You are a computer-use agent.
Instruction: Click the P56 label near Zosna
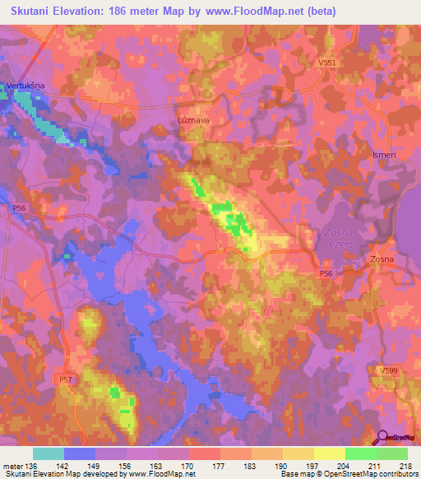[327, 272]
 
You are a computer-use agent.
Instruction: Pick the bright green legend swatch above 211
[360, 453]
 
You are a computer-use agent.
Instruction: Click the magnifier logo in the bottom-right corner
[383, 439]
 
